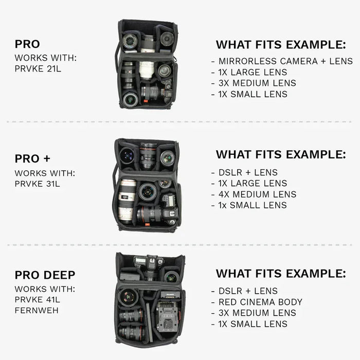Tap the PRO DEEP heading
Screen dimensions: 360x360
[x=45, y=275]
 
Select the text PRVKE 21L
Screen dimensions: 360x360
[x=38, y=68]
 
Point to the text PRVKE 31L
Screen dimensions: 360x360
[x=38, y=184]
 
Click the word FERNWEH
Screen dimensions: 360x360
[x=38, y=311]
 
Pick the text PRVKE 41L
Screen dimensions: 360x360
[x=38, y=300]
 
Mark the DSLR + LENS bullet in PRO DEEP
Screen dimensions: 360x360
[x=244, y=291]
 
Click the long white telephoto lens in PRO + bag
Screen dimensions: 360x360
[x=127, y=201]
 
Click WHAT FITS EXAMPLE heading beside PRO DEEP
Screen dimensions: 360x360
[x=281, y=273]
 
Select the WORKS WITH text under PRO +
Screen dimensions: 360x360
[x=45, y=173]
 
